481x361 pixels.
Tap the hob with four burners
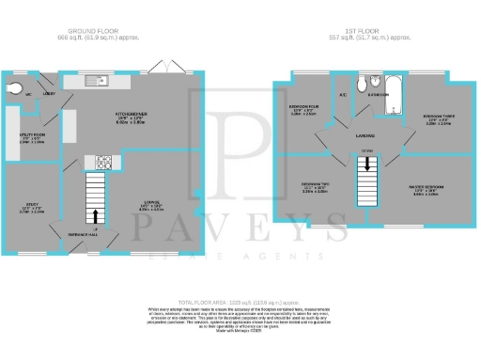coord(105,161)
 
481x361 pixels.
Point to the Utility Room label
coord(32,135)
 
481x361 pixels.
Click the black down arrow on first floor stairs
coord(367,165)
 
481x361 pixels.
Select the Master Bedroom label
coord(426,187)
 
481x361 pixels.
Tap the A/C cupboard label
coord(343,95)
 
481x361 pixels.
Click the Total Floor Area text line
coord(240,300)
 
